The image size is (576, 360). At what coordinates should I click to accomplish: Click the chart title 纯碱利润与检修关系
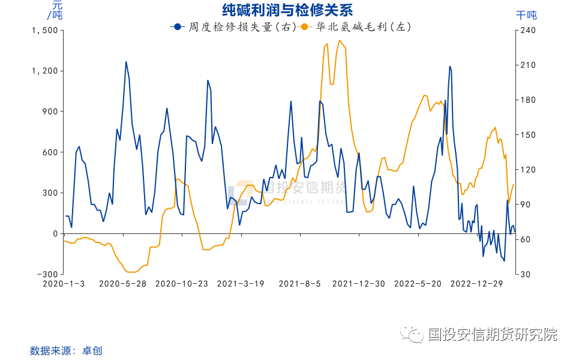[287, 10]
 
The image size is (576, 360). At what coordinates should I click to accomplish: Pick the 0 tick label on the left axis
[55, 233]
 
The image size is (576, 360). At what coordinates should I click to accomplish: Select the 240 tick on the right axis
[527, 30]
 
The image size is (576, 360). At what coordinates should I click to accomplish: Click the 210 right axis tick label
[527, 65]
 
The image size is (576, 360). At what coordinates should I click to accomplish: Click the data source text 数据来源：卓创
[62, 350]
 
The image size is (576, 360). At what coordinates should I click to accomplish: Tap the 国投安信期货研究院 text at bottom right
[493, 334]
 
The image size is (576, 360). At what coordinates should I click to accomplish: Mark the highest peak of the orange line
[340, 41]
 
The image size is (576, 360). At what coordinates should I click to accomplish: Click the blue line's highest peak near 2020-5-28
[126, 62]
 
